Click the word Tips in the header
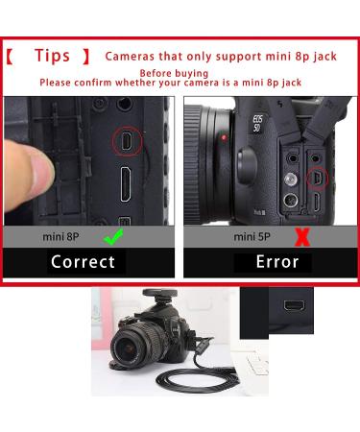(52, 56)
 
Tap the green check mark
(113, 237)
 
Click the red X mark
(301, 237)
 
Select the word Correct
(83, 262)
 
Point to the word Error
(277, 262)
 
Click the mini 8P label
(60, 237)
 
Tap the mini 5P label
(252, 237)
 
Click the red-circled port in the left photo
(127, 141)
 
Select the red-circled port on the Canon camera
(318, 178)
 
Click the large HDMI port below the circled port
(125, 184)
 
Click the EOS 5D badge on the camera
(257, 124)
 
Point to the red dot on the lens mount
(224, 138)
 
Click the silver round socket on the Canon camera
(291, 180)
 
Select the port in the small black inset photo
(294, 305)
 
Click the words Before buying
(174, 73)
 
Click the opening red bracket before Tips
(10, 57)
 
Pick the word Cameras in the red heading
(130, 57)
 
